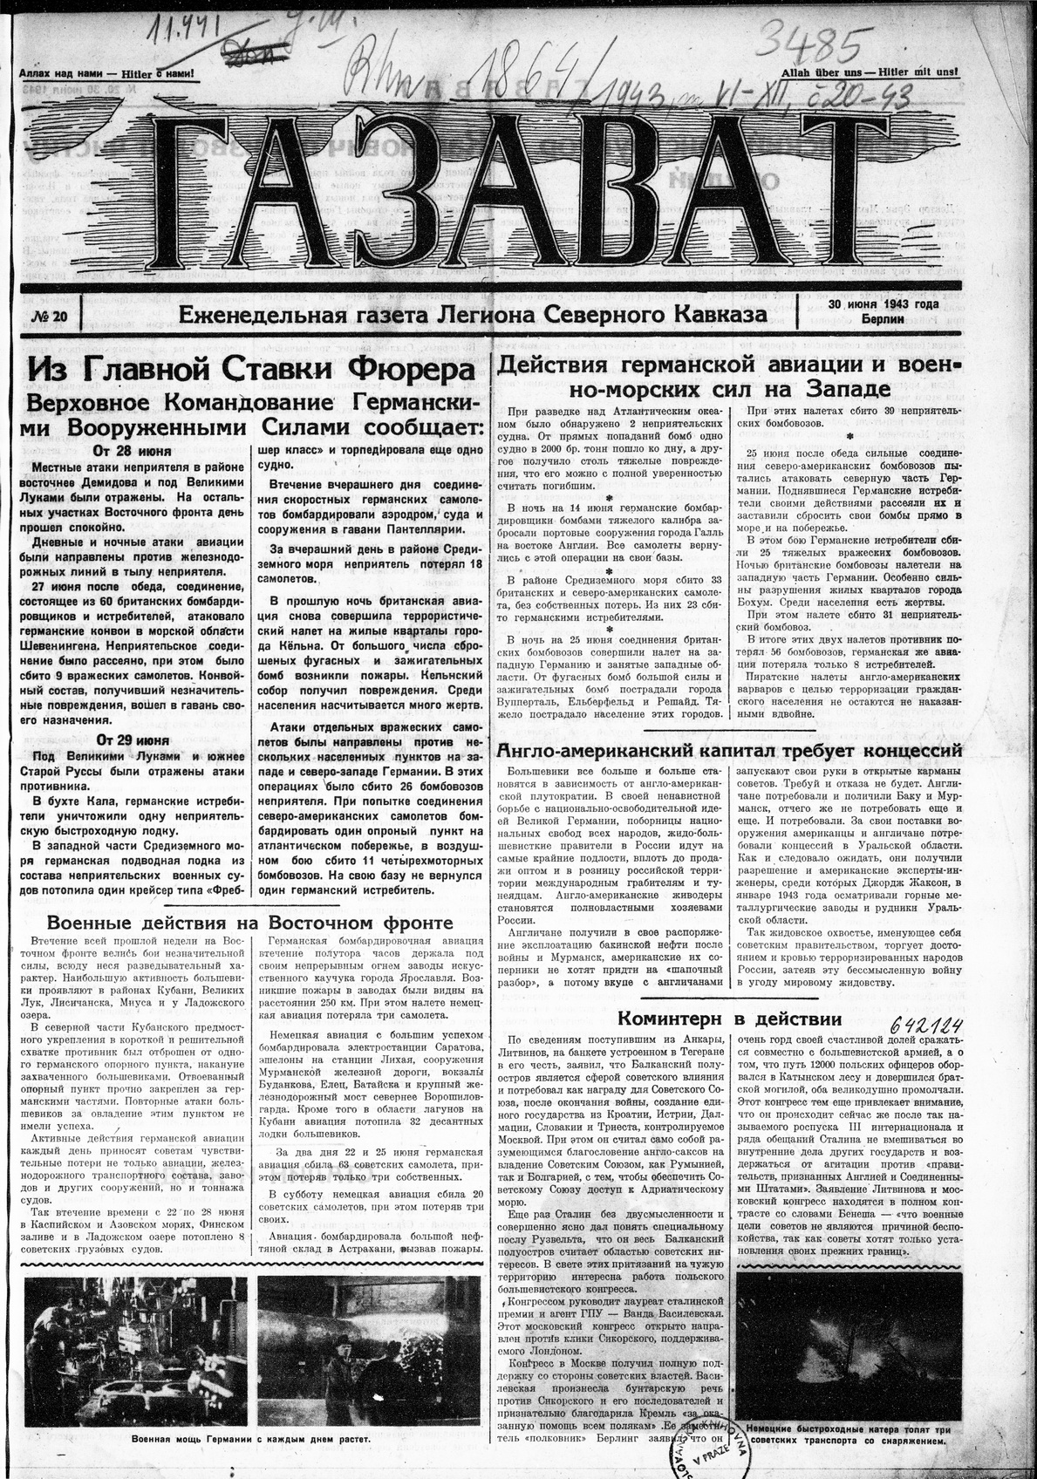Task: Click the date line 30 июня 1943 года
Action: pyautogui.click(x=883, y=304)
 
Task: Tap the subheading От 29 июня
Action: pyautogui.click(x=133, y=739)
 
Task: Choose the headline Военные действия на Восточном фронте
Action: pyautogui.click(x=250, y=923)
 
